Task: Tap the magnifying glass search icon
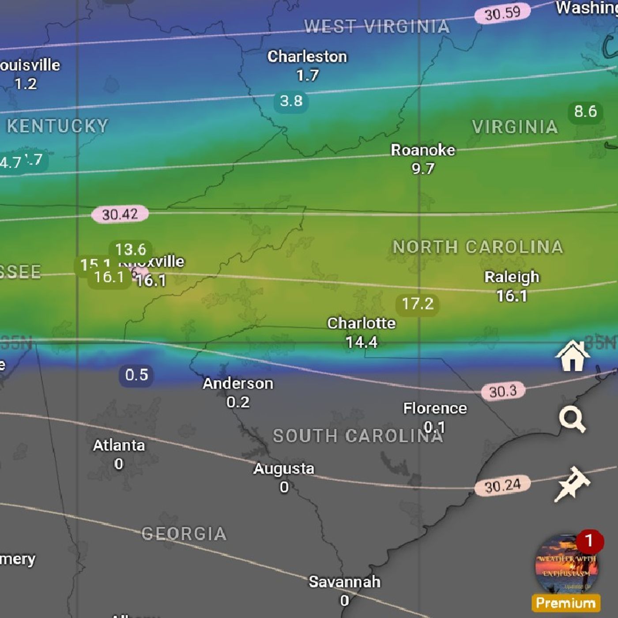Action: click(x=572, y=420)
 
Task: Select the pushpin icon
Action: click(x=572, y=484)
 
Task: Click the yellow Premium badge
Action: click(x=565, y=603)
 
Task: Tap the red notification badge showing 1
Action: click(x=589, y=541)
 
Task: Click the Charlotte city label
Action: click(x=361, y=324)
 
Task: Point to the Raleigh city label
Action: click(x=512, y=277)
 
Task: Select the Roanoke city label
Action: click(x=422, y=151)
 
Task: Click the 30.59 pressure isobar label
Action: click(x=502, y=14)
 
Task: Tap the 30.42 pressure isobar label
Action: click(x=120, y=215)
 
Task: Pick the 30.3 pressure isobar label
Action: click(x=503, y=391)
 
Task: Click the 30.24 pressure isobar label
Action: click(x=502, y=486)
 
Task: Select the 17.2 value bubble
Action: click(x=417, y=304)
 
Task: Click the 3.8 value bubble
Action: click(x=291, y=101)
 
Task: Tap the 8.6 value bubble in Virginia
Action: click(x=585, y=112)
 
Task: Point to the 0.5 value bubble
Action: click(x=136, y=375)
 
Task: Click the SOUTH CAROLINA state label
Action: click(x=358, y=436)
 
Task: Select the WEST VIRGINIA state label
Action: click(x=377, y=27)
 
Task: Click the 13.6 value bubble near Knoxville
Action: click(x=131, y=250)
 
